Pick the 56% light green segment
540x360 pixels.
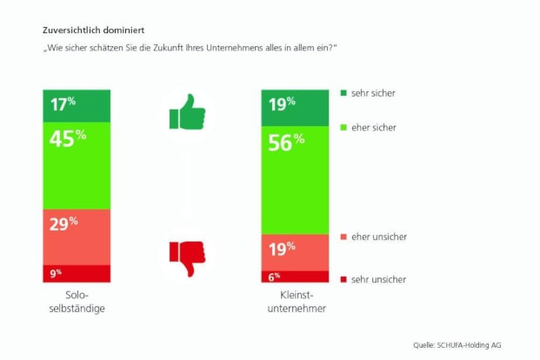coord(294,179)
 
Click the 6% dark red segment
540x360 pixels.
coord(294,277)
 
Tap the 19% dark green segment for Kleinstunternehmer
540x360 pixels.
coord(294,105)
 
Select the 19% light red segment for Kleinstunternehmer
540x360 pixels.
coord(294,252)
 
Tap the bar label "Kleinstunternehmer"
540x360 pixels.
coord(294,303)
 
